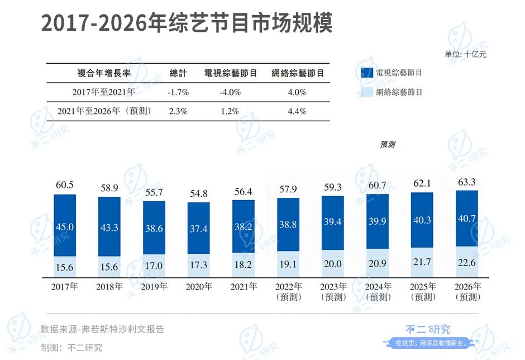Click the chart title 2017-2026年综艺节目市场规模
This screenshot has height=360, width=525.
pos(187,24)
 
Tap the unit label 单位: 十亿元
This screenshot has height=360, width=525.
pos(465,54)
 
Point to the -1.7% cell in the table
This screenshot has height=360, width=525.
pos(179,92)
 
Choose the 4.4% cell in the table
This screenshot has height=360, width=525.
pos(297,111)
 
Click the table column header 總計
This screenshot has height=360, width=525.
pos(178,73)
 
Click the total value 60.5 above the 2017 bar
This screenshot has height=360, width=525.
pos(64,184)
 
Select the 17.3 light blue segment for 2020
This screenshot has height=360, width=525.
pos(198,266)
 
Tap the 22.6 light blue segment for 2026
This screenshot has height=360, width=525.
pos(467,262)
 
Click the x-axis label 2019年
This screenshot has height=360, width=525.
pos(154,286)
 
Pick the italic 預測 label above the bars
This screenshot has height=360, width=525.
pos(388,144)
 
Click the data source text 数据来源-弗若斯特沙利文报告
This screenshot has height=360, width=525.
pos(102,329)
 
